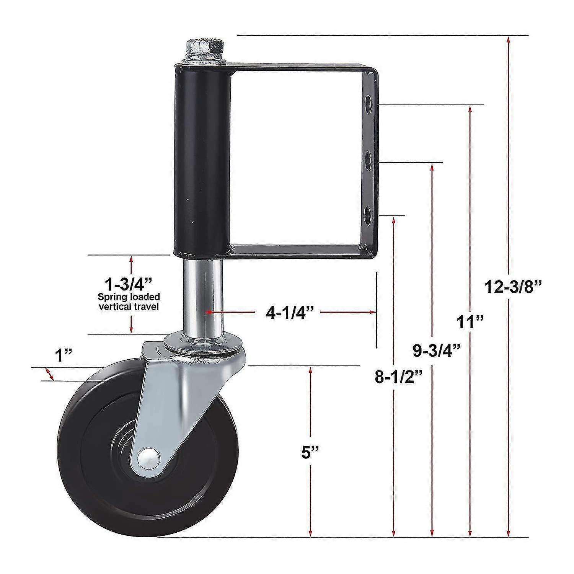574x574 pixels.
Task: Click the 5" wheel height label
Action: pyautogui.click(x=310, y=452)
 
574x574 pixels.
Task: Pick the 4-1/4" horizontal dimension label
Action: pyautogui.click(x=290, y=313)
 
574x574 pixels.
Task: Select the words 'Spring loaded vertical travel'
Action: pyautogui.click(x=129, y=302)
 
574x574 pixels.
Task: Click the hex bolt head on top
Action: pyautogui.click(x=203, y=47)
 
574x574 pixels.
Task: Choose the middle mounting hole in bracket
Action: pyautogui.click(x=368, y=161)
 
